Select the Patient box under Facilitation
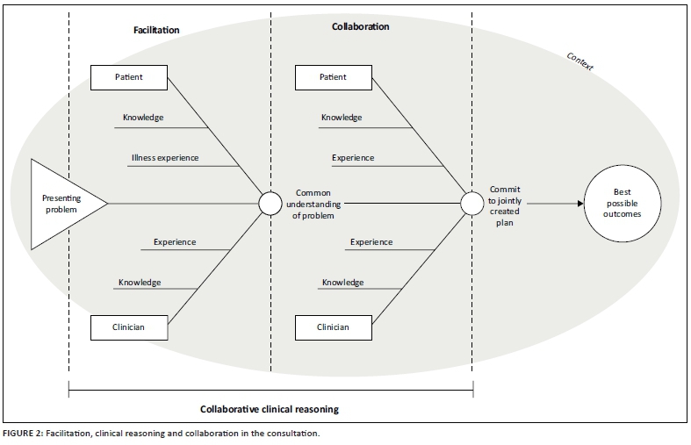[x=129, y=77]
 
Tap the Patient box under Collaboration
[x=333, y=77]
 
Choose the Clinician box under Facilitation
[x=129, y=327]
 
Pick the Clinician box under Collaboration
[x=333, y=327]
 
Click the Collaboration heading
[x=360, y=27]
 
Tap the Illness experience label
[x=165, y=158]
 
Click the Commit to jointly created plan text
[x=505, y=205]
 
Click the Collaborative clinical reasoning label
[x=269, y=409]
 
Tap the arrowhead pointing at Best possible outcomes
[x=579, y=204]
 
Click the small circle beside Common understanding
[x=270, y=204]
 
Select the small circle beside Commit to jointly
[x=472, y=204]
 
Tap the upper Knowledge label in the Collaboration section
[x=342, y=117]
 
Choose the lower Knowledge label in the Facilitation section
[x=140, y=283]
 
